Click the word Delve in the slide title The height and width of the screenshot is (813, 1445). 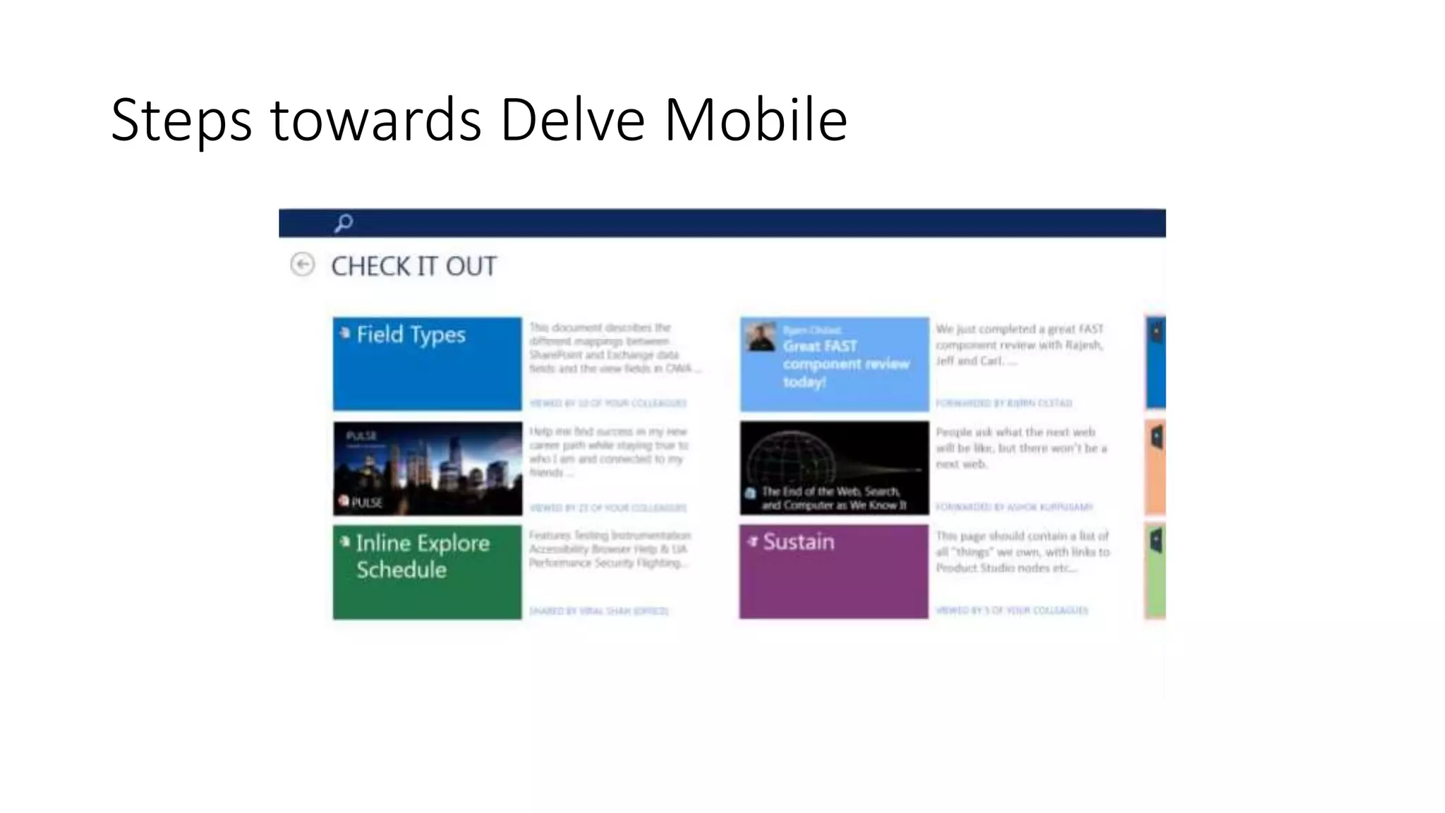point(572,120)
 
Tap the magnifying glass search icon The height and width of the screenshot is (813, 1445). point(344,223)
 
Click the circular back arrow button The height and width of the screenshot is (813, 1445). point(303,265)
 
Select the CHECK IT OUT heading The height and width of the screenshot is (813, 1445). point(413,266)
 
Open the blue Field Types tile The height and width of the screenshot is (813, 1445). point(427,363)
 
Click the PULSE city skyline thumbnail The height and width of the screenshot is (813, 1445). point(427,468)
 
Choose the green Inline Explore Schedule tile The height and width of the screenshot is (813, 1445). point(427,572)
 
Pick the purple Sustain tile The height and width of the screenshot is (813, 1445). point(833,572)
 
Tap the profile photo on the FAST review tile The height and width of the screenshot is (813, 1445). point(761,337)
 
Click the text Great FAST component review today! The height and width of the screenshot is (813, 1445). point(845,363)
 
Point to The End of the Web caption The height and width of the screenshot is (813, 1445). point(833,498)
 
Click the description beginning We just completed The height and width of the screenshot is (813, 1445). point(1019,344)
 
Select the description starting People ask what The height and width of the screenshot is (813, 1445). point(1020,447)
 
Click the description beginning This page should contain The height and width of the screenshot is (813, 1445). point(1022,551)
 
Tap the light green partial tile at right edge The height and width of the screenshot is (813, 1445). point(1155,572)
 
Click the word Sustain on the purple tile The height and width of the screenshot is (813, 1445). point(798,541)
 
